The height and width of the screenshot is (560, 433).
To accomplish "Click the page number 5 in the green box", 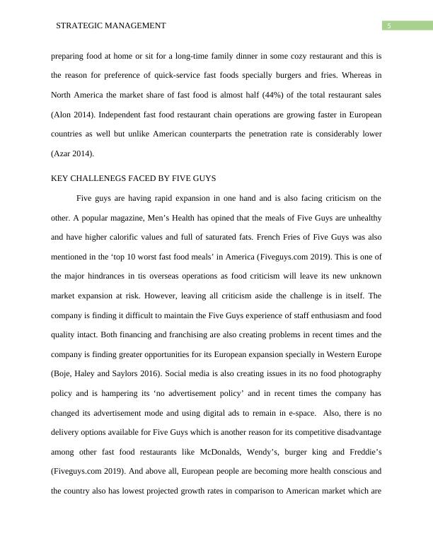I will tap(388, 26).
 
